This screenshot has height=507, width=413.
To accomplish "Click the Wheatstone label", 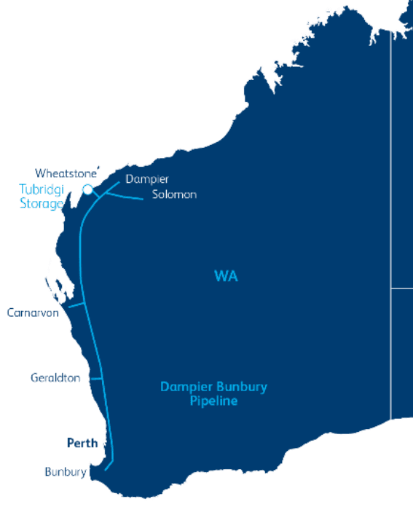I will pyautogui.click(x=66, y=173).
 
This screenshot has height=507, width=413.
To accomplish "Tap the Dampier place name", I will pyautogui.click(x=147, y=179).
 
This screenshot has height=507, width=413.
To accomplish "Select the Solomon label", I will pyautogui.click(x=174, y=194).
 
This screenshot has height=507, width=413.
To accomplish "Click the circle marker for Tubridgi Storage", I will pyautogui.click(x=87, y=189).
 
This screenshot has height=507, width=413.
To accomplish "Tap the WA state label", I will pyautogui.click(x=226, y=277).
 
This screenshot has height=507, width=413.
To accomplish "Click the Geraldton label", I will pyautogui.click(x=55, y=378).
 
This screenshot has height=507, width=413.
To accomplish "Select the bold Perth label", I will pyautogui.click(x=82, y=443).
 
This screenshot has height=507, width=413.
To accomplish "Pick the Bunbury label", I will pyautogui.click(x=65, y=472).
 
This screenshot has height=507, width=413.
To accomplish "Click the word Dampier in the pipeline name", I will pyautogui.click(x=184, y=387).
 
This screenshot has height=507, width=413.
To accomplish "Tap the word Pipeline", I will pyautogui.click(x=213, y=401).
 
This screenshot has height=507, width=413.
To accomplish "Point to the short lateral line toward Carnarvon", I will pyautogui.click(x=76, y=306).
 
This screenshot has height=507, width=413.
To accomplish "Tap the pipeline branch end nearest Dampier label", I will pyautogui.click(x=119, y=183).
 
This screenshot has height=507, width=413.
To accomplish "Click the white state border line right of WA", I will pyautogui.click(x=391, y=219).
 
